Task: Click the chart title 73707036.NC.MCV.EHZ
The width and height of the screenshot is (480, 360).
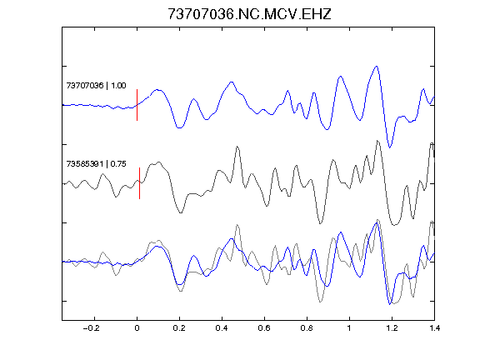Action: (249, 14)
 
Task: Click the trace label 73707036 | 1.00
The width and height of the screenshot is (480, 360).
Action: (96, 85)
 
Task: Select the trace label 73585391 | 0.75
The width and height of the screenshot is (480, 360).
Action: (96, 164)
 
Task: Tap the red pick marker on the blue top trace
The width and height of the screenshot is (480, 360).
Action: (137, 105)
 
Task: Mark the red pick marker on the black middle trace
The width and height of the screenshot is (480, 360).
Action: (140, 183)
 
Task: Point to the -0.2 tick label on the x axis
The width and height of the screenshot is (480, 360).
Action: (92, 328)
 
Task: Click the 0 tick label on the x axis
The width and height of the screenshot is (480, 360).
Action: (137, 328)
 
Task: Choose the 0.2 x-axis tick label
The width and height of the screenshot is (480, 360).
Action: (179, 328)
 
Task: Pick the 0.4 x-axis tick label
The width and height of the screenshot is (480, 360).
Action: (222, 328)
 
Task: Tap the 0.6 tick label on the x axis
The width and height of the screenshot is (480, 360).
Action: (264, 328)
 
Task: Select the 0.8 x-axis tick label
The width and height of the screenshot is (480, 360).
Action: (307, 328)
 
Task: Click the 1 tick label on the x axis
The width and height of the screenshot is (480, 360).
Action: (349, 328)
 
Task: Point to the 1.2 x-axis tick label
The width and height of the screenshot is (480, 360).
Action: (392, 328)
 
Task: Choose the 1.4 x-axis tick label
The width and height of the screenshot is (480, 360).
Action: (434, 328)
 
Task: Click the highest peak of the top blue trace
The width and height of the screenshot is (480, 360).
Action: (377, 66)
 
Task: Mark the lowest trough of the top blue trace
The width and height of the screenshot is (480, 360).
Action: (390, 147)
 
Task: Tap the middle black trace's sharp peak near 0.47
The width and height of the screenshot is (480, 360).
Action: (237, 147)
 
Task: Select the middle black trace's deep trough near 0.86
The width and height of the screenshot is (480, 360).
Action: (320, 223)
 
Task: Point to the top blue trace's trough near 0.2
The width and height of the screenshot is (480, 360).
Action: (180, 127)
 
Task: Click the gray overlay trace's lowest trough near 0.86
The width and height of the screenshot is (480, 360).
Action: (320, 302)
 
